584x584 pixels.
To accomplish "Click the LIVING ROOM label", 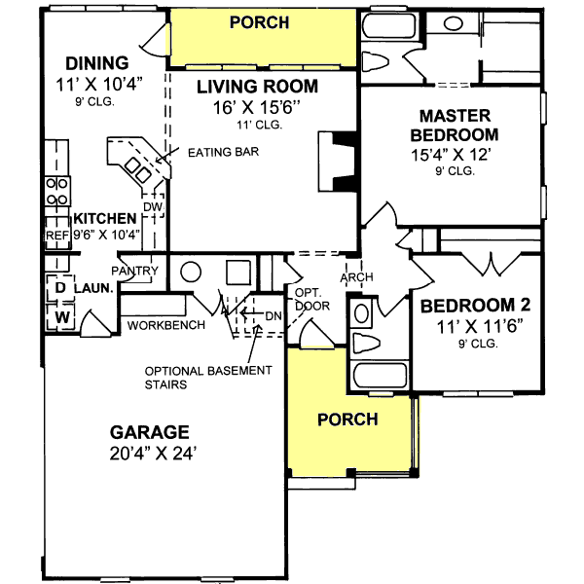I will click(257, 87).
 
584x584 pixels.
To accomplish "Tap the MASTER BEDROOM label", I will click(455, 124).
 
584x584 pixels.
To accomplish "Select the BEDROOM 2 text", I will click(475, 306).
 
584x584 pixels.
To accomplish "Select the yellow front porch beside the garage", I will click(348, 419).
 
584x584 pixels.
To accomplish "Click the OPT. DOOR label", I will click(311, 299).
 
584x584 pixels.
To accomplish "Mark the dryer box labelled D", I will click(58, 289).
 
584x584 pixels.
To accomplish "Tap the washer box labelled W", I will click(58, 316).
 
